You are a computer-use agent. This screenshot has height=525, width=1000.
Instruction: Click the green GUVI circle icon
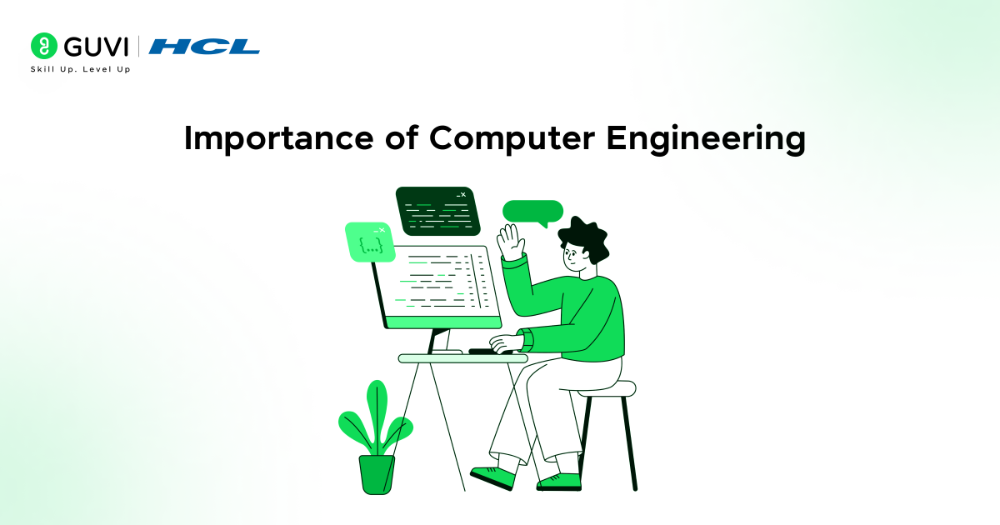pyautogui.click(x=43, y=46)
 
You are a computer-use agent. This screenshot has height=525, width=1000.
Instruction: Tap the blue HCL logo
pyautogui.click(x=204, y=47)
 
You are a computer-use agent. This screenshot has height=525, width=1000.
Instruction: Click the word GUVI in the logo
pyautogui.click(x=96, y=47)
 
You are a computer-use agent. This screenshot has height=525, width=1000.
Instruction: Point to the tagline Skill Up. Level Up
pyautogui.click(x=80, y=69)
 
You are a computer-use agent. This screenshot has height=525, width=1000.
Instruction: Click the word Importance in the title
pyautogui.click(x=278, y=139)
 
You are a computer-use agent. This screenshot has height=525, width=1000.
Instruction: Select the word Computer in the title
pyautogui.click(x=512, y=139)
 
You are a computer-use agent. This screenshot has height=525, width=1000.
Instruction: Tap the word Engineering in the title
pyautogui.click(x=706, y=139)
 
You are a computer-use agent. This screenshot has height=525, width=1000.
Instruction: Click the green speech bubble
pyautogui.click(x=532, y=212)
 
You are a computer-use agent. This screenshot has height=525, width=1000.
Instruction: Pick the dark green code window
pyautogui.click(x=438, y=211)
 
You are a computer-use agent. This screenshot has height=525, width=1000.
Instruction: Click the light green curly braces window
pyautogui.click(x=370, y=242)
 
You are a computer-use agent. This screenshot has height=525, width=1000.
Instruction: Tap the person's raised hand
pyautogui.click(x=511, y=242)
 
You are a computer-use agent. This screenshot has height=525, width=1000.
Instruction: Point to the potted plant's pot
pyautogui.click(x=377, y=474)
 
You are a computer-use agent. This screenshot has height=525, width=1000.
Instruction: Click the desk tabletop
pyautogui.click(x=463, y=358)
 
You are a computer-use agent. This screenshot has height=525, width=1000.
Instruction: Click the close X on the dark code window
pyautogui.click(x=463, y=195)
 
